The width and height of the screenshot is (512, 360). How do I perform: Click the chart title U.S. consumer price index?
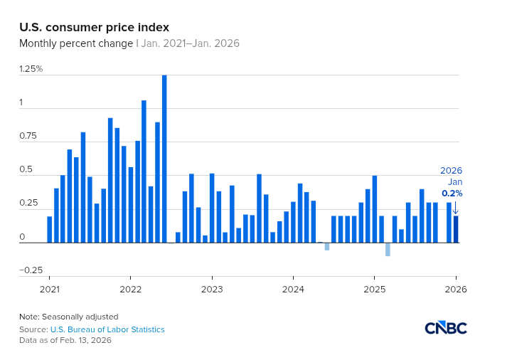[94, 28]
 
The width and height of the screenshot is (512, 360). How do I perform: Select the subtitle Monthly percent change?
[75, 44]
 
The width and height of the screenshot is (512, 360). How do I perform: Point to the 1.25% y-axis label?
[31, 69]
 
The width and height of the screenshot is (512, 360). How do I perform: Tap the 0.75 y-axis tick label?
[29, 136]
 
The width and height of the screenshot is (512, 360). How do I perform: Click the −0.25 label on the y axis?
[31, 270]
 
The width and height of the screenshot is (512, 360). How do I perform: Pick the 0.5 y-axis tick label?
[26, 169]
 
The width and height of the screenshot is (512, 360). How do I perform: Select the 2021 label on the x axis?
[49, 290]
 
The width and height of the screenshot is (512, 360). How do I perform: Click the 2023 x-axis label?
[212, 290]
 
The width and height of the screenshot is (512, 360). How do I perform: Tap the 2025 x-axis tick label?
[374, 290]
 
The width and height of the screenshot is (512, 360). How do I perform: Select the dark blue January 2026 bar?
[456, 229]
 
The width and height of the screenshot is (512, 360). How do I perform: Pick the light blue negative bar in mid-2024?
[327, 246]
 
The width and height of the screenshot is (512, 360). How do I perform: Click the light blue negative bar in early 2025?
[388, 249]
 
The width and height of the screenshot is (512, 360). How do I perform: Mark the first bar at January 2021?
[50, 229]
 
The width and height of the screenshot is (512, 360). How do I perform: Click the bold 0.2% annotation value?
[452, 194]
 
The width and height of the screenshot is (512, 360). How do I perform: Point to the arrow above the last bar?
[456, 208]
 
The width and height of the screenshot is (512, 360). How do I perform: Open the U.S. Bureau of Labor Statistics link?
[107, 329]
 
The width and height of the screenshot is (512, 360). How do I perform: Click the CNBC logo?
[445, 328]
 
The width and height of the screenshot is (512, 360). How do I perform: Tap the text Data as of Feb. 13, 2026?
[65, 340]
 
